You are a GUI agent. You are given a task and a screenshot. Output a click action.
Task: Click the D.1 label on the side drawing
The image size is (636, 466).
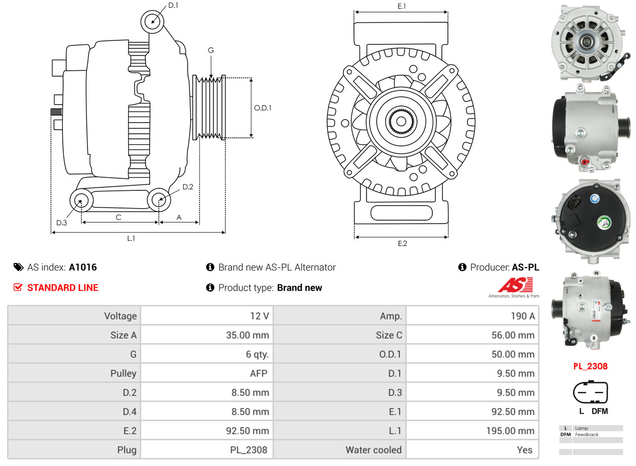coord(173,5)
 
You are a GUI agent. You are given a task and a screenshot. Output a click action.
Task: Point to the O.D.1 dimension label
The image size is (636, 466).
coord(262,108)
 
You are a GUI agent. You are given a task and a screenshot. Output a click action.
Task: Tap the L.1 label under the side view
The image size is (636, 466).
coord(131,238)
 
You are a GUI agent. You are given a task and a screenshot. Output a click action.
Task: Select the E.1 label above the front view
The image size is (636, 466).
coord(402,6)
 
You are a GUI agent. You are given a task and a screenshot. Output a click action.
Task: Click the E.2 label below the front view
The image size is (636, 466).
coord(402,243)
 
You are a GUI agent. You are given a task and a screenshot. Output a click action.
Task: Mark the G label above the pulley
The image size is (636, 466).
coord(211,50)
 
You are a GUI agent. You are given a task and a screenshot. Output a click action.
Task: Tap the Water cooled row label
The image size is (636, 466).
coord(373,450)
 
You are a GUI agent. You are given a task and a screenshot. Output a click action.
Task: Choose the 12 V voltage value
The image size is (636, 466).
coord(259,316)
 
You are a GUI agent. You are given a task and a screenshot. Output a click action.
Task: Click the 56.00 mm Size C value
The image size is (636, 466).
coord(513,335)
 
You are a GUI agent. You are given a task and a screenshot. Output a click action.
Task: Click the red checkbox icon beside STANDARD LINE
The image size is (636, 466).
coord(18,287)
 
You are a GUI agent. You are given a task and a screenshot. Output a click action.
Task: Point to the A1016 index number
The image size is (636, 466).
coord(83,267)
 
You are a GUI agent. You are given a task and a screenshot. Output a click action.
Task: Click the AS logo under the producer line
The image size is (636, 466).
coord(515,287)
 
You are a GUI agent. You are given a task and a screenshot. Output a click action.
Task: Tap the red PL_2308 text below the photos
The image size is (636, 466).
coord(590,366)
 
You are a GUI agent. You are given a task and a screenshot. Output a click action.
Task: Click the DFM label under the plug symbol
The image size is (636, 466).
coord(600,411)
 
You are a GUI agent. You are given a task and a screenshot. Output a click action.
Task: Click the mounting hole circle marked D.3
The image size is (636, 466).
coord(81,201)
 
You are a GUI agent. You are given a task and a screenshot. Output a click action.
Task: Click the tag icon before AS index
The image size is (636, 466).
coord(18,267)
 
